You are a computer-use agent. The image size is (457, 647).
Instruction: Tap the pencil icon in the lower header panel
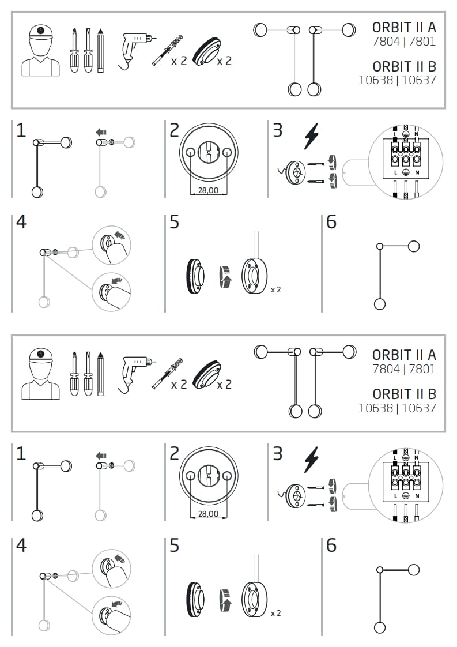[x=100, y=374]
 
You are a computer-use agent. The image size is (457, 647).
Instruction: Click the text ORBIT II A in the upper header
[x=404, y=27]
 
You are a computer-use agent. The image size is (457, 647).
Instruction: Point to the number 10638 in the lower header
[x=376, y=408]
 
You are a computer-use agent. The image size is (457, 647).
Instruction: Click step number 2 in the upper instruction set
[x=175, y=130]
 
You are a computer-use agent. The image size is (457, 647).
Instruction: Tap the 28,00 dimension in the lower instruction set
[x=208, y=514]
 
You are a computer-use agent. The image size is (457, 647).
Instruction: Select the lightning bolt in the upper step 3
[x=311, y=136]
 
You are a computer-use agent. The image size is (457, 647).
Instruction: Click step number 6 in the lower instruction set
[x=331, y=545]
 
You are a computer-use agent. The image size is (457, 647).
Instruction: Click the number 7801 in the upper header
[x=422, y=42]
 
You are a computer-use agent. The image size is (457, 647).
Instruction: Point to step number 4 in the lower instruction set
[x=21, y=545]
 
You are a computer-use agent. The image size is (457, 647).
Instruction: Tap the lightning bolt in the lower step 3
[x=311, y=459]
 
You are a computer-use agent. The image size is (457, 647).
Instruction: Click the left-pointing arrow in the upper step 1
[x=101, y=133]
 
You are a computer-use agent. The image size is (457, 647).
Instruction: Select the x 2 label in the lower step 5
[x=275, y=613]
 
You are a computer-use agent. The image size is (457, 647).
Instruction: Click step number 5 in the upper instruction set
[x=175, y=222]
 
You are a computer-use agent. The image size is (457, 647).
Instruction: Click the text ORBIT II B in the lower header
[x=404, y=394]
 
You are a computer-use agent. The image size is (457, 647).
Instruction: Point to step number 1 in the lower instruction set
[x=21, y=454]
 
